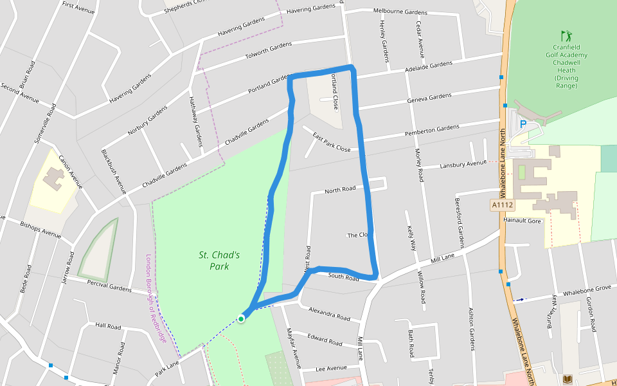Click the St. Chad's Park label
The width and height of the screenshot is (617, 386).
[219, 261]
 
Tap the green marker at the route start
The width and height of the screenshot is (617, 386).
[241, 318]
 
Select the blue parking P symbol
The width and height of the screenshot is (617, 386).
[523, 124]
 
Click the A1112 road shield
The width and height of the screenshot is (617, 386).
[502, 205]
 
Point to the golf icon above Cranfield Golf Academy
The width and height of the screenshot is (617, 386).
[566, 35]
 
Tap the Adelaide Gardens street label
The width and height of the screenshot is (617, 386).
[429, 66]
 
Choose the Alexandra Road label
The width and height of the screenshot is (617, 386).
[329, 314]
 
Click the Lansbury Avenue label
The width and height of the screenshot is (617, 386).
[463, 165]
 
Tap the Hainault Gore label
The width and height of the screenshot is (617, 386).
[523, 220]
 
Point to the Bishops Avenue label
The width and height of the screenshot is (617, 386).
[40, 229]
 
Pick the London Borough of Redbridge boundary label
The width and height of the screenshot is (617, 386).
[156, 298]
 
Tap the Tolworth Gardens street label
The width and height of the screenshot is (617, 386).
[269, 51]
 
